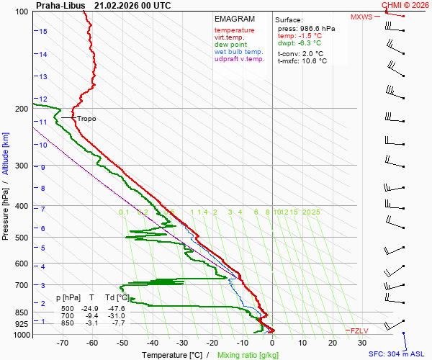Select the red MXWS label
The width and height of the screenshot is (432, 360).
click(362, 17)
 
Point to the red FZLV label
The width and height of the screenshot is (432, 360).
click(358, 330)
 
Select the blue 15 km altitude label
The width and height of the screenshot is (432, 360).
click(43, 32)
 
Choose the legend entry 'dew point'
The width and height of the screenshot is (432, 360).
click(230, 45)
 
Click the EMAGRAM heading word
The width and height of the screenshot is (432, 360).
click(235, 19)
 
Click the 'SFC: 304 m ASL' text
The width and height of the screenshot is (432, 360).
click(397, 354)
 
